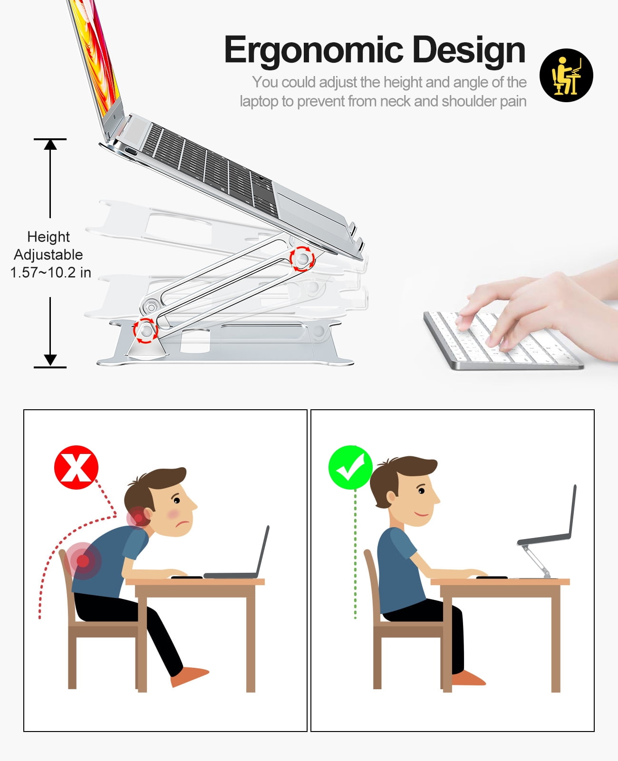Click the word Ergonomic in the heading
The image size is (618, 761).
[314, 51]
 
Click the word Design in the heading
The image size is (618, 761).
[469, 51]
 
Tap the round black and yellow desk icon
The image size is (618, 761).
[566, 76]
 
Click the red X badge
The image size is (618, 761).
[76, 467]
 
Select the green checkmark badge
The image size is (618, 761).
[350, 467]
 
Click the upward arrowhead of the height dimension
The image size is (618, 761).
[50, 144]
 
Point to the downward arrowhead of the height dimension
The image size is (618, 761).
[50, 360]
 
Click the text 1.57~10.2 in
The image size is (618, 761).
[50, 273]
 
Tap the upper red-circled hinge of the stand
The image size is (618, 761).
[302, 259]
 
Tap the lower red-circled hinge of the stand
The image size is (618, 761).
[146, 331]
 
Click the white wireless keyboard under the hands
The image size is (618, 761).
[500, 339]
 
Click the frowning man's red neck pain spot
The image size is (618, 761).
[138, 517]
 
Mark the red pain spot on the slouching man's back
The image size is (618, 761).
[83, 560]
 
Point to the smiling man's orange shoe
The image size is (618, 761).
[468, 678]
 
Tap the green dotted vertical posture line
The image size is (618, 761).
[355, 554]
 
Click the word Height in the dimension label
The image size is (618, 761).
[48, 237]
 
